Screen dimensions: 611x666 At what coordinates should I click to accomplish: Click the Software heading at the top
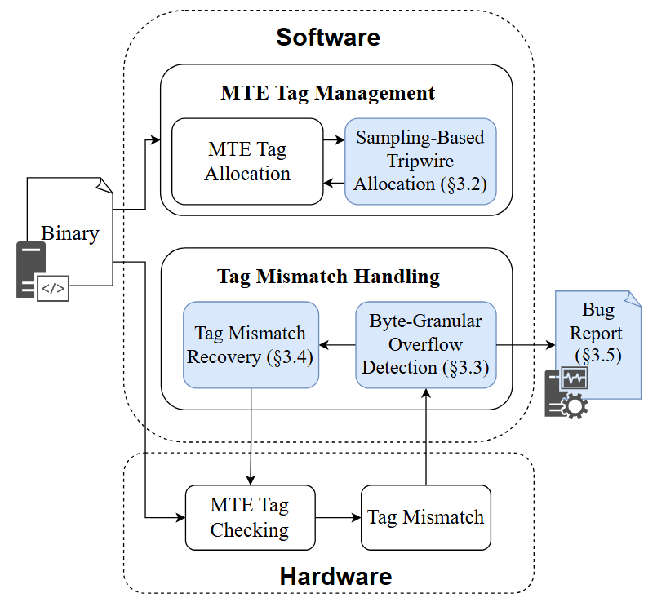[x=328, y=37]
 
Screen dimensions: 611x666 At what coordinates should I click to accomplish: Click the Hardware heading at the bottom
[x=335, y=577]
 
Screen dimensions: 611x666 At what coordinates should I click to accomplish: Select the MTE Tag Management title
[x=328, y=93]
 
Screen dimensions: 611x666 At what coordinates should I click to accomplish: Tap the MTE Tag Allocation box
[x=247, y=162]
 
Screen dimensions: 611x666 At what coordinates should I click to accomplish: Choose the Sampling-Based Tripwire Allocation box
[x=420, y=161]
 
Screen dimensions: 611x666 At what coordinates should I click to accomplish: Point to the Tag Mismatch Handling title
[x=328, y=277]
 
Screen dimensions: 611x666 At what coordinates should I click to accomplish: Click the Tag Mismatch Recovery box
[x=251, y=344]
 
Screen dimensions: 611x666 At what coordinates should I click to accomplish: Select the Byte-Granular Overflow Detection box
[x=425, y=344]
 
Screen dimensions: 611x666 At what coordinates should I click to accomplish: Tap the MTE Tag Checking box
[x=249, y=517]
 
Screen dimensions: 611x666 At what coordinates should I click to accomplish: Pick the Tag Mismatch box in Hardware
[x=425, y=517]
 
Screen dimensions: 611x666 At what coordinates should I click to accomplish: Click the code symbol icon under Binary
[x=52, y=288]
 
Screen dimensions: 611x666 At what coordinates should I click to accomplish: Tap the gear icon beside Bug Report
[x=573, y=405]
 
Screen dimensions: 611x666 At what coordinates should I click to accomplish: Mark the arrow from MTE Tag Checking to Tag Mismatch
[x=337, y=517]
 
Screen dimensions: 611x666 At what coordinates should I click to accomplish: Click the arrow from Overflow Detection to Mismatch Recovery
[x=337, y=344]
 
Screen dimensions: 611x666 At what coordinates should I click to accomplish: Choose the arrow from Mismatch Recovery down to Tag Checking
[x=251, y=436]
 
